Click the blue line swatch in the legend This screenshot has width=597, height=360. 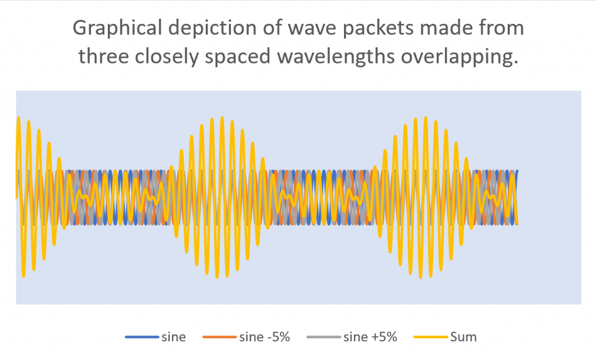[x=141, y=337]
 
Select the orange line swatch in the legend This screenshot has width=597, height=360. [x=219, y=337]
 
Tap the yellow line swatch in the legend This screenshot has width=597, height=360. [x=430, y=337]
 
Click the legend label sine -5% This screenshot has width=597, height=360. [x=264, y=337]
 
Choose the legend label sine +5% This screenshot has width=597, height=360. [x=370, y=337]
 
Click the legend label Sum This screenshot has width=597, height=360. [x=463, y=337]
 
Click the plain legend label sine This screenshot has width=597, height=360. [x=175, y=337]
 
